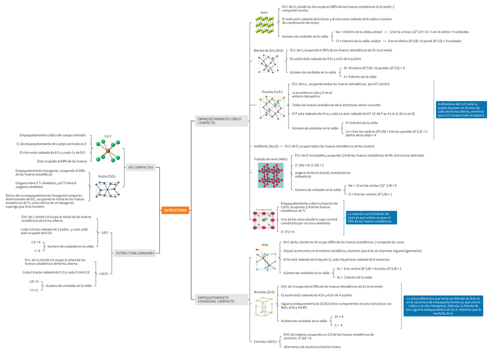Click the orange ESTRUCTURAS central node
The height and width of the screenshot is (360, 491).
pyautogui.click(x=175, y=210)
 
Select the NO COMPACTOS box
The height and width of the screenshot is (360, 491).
pyautogui.click(x=141, y=167)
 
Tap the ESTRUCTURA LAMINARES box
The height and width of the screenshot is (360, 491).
pyautogui.click(x=135, y=254)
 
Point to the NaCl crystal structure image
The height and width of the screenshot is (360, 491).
pyautogui.click(x=264, y=25)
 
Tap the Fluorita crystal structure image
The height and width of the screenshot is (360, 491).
pyautogui.click(x=270, y=108)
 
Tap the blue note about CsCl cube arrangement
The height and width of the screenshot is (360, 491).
pyautogui.click(x=461, y=109)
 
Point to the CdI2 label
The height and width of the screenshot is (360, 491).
pyautogui.click(x=105, y=232)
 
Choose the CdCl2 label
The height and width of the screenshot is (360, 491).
pyautogui.click(x=104, y=273)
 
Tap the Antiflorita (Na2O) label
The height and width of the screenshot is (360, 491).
pyautogui.click(x=266, y=146)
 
